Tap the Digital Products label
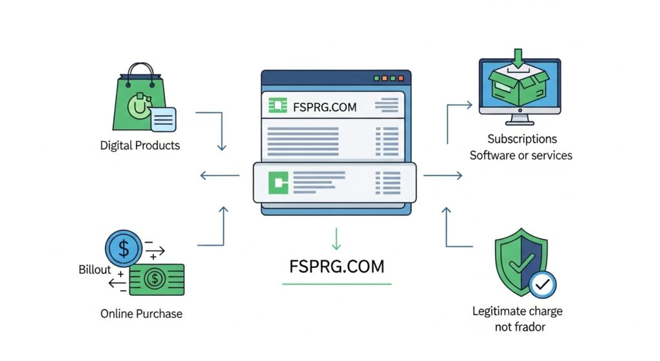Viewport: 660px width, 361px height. (x=140, y=145)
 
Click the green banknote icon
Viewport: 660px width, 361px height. (x=157, y=279)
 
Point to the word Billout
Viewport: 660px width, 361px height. (x=95, y=269)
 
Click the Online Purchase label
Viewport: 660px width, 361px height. (x=141, y=314)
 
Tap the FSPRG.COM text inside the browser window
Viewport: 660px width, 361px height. (x=324, y=107)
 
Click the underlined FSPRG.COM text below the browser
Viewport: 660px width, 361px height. (x=336, y=266)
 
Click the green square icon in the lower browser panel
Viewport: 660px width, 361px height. (x=278, y=183)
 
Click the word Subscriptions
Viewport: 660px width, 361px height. (x=521, y=139)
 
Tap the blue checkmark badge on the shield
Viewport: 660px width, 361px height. (x=542, y=284)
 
